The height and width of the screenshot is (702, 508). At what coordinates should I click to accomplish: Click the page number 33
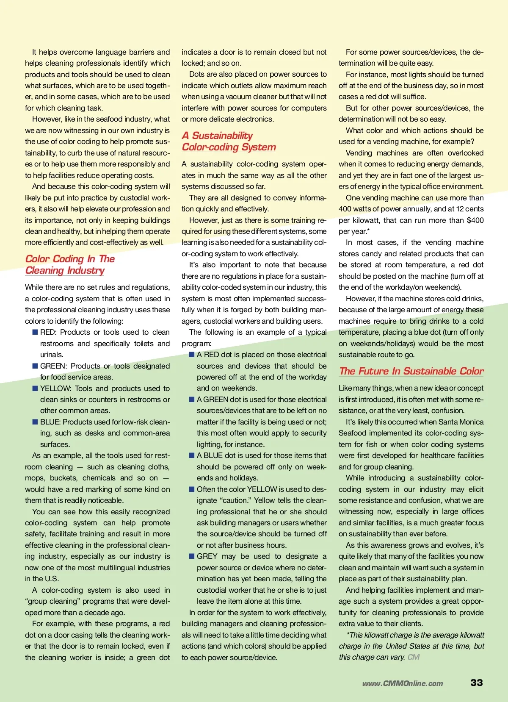pos(476,683)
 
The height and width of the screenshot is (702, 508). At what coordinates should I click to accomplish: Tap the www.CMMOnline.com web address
pos(402,683)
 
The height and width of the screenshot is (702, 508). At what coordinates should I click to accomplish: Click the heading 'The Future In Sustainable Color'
pos(411,371)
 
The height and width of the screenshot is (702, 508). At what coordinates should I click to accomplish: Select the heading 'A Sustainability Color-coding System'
pos(229,141)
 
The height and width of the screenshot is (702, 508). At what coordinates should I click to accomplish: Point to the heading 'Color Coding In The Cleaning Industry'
pos(70,264)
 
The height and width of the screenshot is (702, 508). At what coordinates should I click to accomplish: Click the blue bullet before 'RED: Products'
pos(35,332)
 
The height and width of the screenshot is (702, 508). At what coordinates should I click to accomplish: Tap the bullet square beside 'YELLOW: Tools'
pos(35,388)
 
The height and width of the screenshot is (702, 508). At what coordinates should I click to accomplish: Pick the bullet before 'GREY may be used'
pos(192,556)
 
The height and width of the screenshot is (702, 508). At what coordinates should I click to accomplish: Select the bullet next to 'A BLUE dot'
pos(192,455)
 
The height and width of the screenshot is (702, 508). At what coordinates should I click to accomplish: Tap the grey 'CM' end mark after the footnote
pos(414,657)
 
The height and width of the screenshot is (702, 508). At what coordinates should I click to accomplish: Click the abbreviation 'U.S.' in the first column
pos(51,579)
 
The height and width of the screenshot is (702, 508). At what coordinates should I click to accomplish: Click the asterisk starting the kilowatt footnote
pos(348,635)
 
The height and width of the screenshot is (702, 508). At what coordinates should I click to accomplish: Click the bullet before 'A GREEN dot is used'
pos(192,400)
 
